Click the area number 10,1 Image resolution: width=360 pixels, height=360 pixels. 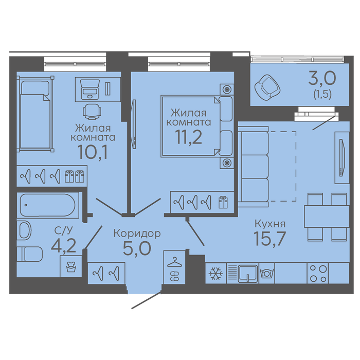pyautogui.click(x=93, y=152)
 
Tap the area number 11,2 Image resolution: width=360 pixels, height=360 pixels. pyautogui.click(x=188, y=137)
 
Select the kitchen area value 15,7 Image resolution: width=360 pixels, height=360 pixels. pyautogui.click(x=269, y=238)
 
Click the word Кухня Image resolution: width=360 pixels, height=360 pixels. pyautogui.click(x=270, y=223)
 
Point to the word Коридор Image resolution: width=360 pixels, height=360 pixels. pyautogui.click(x=137, y=233)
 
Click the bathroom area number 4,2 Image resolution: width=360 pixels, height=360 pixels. pyautogui.click(x=63, y=246)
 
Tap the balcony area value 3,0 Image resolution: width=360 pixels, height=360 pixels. pyautogui.click(x=322, y=78)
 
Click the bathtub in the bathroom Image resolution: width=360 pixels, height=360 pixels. pyautogui.click(x=48, y=205)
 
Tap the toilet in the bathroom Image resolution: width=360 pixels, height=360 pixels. pyautogui.click(x=30, y=254)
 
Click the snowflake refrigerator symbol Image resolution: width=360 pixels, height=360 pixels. pyautogui.click(x=216, y=274)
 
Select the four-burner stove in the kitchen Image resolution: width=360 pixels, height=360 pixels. pyautogui.click(x=318, y=273)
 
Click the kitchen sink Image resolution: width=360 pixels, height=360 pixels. pyautogui.click(x=248, y=274)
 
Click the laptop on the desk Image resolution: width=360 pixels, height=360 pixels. pyautogui.click(x=90, y=89)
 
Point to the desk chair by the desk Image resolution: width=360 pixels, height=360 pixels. pyautogui.click(x=92, y=112)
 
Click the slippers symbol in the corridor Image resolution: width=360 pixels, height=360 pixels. pyautogui.click(x=174, y=276)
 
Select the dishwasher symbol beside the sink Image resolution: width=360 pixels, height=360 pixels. pyautogui.click(x=266, y=273)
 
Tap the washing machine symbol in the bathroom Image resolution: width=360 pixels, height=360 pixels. pyautogui.click(x=71, y=266)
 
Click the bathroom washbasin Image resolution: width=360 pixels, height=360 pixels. pyautogui.click(x=24, y=230)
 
